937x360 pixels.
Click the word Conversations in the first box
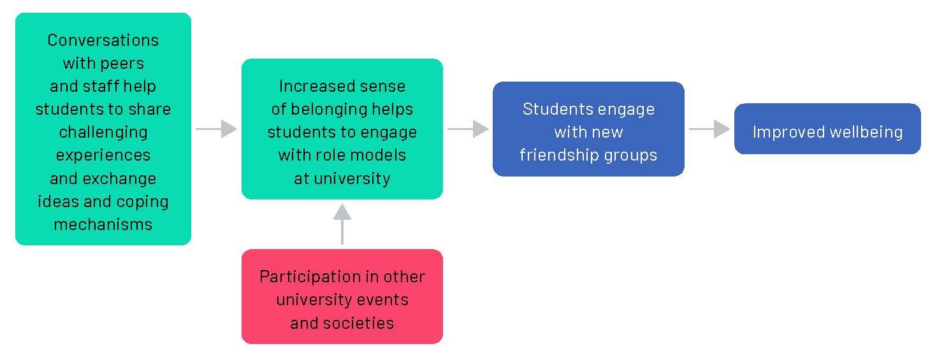pos(103,40)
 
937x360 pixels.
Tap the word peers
pos(121,63)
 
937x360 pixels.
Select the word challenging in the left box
pos(103,132)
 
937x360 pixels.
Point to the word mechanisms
pos(103,224)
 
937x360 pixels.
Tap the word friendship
pos(561,155)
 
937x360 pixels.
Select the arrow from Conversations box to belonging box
pos(215,129)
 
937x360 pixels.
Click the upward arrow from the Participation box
pos(342,224)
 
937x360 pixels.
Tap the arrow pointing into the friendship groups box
pos(467,129)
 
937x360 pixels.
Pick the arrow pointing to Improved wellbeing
pos(709,129)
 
